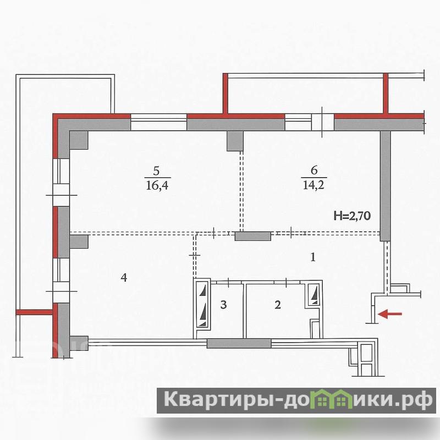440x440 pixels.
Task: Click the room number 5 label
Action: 156,170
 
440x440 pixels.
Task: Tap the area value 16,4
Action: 157,185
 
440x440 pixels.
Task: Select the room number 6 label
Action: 314,170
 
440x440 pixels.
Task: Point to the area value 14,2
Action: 313,185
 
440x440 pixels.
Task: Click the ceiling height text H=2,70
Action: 352,216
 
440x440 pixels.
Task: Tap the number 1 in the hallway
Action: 313,257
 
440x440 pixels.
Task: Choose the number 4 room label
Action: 124,278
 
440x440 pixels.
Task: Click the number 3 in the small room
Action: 223,305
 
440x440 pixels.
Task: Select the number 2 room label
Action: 278,305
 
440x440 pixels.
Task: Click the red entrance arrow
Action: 390,314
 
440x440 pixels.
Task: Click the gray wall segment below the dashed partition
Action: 253,237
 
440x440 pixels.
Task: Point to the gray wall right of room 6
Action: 386,186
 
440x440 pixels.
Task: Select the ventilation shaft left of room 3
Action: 202,305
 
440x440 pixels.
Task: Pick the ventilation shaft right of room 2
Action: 313,295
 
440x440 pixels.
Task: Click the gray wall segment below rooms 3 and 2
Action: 239,343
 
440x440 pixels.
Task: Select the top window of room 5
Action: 158,122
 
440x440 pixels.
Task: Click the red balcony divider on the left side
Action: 34,312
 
